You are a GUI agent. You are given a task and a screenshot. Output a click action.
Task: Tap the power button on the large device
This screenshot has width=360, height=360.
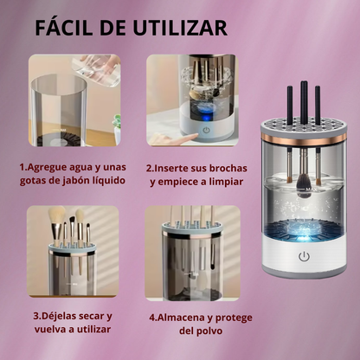pyautogui.click(x=303, y=258)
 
